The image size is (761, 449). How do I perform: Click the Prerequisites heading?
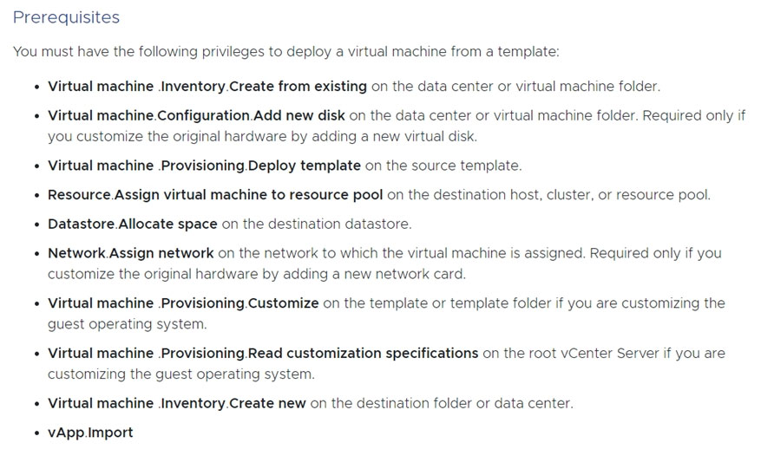click(x=66, y=17)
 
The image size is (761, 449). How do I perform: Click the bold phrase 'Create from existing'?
click(x=298, y=87)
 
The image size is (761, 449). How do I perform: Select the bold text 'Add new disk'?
click(x=299, y=115)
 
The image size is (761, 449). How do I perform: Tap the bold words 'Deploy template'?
click(x=305, y=166)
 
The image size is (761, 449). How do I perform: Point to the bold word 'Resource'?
click(x=80, y=195)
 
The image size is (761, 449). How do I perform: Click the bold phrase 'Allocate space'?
click(x=168, y=224)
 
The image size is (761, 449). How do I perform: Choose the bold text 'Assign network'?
click(x=161, y=253)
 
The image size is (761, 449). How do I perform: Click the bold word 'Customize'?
click(x=284, y=303)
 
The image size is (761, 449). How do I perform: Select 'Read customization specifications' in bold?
click(x=363, y=354)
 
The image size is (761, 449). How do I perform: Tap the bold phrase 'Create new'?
click(x=267, y=403)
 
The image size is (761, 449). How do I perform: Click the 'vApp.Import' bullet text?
click(x=90, y=433)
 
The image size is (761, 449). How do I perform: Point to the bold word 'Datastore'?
click(x=82, y=224)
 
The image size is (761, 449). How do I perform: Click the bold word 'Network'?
click(x=76, y=253)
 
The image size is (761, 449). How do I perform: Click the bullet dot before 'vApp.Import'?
click(x=37, y=433)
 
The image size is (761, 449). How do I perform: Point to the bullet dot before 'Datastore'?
click(x=37, y=225)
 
